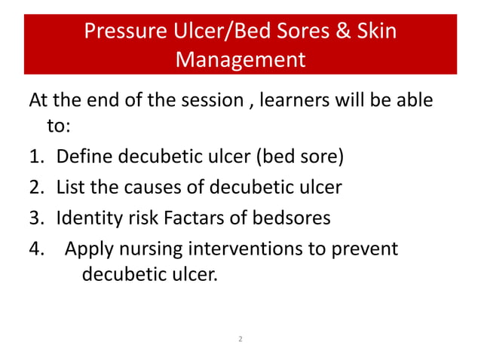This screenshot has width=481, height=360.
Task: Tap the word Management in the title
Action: click(x=240, y=58)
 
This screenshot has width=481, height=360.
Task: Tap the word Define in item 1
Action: click(x=81, y=157)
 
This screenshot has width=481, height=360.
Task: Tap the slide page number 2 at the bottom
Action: click(x=240, y=340)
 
